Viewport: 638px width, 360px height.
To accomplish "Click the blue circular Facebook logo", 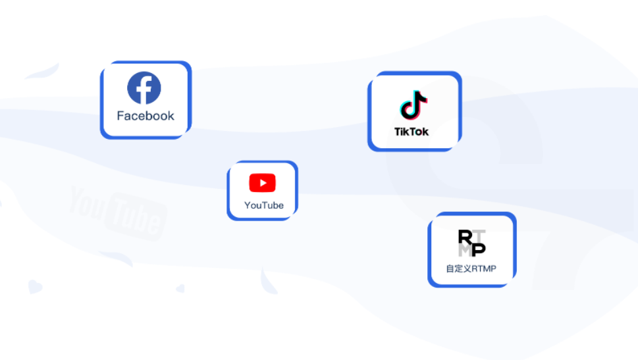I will (x=144, y=88).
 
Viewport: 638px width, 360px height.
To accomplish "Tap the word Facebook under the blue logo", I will (x=146, y=116).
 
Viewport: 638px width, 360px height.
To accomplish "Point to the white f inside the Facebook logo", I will (x=146, y=90).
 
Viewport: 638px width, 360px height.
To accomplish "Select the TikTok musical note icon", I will (x=413, y=105).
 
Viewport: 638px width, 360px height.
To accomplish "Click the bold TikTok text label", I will (x=412, y=132).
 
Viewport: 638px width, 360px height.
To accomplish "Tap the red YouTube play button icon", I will (x=263, y=183).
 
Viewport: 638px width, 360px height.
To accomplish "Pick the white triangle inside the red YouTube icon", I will (x=263, y=183).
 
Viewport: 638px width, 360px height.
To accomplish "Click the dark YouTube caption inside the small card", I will (x=264, y=205).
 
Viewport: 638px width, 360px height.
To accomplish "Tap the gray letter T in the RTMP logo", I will (x=479, y=236).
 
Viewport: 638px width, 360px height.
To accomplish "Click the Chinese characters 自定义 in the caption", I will (x=458, y=269).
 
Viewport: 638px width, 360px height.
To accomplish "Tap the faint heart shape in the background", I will (x=35, y=286).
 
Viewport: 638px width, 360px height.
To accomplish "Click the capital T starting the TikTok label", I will (x=398, y=132).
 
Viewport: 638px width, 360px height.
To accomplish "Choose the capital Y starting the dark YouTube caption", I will (x=248, y=205).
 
